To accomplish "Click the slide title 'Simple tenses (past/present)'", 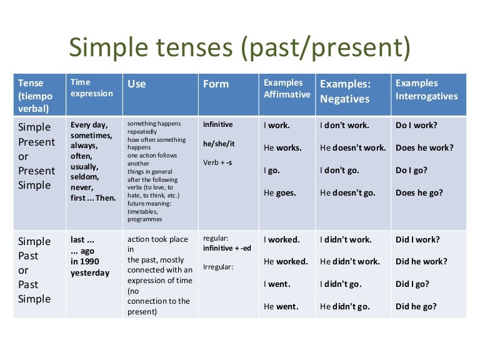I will tap(239, 48).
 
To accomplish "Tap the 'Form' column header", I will tap(216, 84).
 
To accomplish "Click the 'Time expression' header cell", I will tap(92, 87).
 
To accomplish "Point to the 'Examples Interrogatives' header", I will tap(427, 89).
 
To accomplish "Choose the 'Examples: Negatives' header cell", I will tap(344, 91).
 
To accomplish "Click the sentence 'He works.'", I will tap(282, 147).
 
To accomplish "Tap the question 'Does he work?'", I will tap(425, 147).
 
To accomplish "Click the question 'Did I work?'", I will tap(417, 239).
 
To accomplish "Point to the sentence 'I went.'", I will tap(277, 284).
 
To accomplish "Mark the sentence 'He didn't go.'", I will tap(345, 307).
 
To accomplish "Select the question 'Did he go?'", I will tap(416, 307).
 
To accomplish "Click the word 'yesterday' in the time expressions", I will tap(90, 272).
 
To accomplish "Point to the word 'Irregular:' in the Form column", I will tap(217, 267).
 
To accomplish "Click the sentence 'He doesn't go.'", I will tap(347, 192).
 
